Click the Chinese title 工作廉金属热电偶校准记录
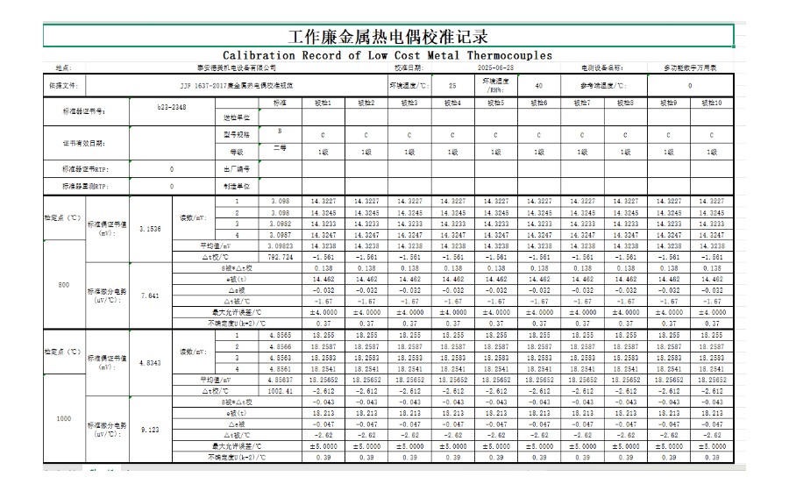pyautogui.click(x=387, y=37)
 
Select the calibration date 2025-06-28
pyautogui.click(x=495, y=68)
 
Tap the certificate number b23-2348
pyautogui.click(x=171, y=105)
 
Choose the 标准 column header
pyautogui.click(x=280, y=103)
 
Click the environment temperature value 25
pyautogui.click(x=452, y=86)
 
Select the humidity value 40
pyautogui.click(x=538, y=86)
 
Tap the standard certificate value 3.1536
pyautogui.click(x=150, y=228)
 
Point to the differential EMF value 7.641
pyautogui.click(x=150, y=295)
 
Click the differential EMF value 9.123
pyautogui.click(x=150, y=430)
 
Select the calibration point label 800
pyautogui.click(x=63, y=286)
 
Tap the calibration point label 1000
pyautogui.click(x=63, y=419)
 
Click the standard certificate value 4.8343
pyautogui.click(x=150, y=362)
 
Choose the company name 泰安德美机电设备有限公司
pyautogui.click(x=237, y=68)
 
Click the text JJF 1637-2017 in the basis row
pyautogui.click(x=203, y=86)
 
